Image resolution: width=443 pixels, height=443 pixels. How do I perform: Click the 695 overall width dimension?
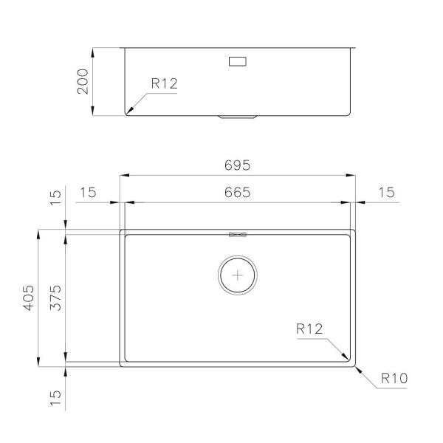pos(237,165)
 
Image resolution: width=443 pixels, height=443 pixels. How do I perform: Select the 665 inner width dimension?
pos(237,193)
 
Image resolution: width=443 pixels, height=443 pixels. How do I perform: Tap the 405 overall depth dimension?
pos(29,298)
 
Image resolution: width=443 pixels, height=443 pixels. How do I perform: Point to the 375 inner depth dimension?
pos(55,298)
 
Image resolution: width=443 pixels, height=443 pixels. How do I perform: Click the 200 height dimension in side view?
pos(83,81)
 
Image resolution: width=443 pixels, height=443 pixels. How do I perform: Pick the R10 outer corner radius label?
pos(394,378)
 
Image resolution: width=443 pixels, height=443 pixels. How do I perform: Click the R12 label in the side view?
pos(164,83)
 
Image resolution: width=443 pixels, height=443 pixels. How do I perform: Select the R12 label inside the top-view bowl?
pos(309,329)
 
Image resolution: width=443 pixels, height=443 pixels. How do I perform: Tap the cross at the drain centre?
pos(237,275)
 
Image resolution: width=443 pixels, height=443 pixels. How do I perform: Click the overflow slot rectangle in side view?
pos(237,61)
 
